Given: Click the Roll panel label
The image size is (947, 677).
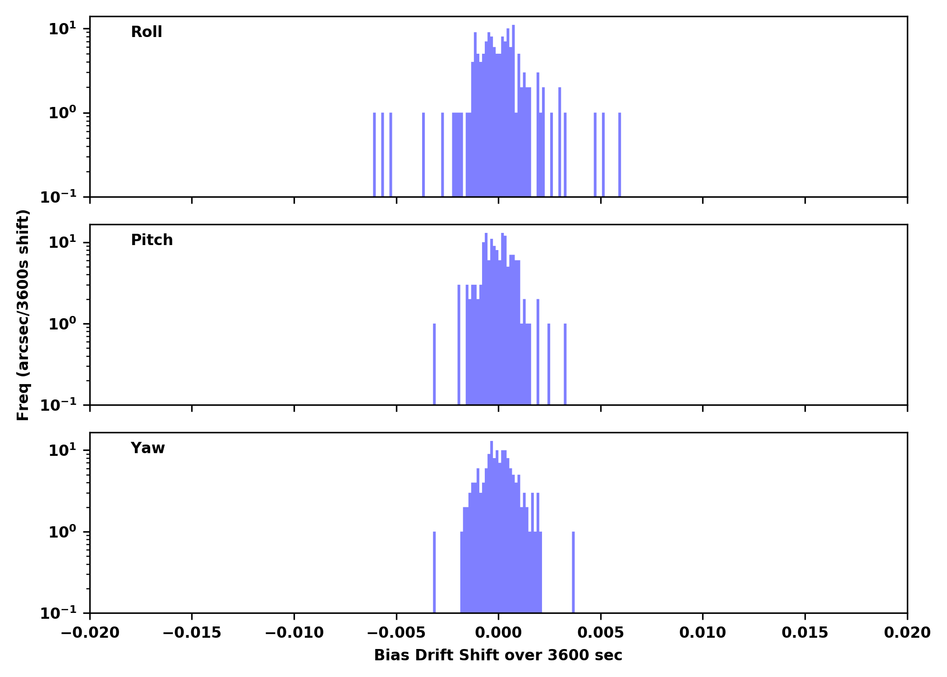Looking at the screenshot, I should (x=146, y=32).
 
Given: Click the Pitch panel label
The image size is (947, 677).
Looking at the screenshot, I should (x=152, y=240).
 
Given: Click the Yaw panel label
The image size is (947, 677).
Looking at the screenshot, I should (x=147, y=448).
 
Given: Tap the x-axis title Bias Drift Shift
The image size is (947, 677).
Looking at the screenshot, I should (x=498, y=655).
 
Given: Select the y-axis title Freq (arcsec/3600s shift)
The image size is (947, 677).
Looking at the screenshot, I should (x=23, y=315).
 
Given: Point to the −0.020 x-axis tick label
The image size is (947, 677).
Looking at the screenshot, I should (x=90, y=633).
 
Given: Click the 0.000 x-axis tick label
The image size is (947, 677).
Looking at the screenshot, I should (x=498, y=633).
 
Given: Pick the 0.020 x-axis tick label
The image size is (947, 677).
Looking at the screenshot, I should (x=907, y=633).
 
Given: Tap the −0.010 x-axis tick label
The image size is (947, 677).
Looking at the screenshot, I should (x=294, y=633).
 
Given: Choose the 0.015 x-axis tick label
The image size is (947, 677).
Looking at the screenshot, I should (x=805, y=633).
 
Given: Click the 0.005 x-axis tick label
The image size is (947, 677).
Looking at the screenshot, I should (x=601, y=633).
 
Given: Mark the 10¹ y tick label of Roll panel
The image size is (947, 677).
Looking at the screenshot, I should (x=62, y=29).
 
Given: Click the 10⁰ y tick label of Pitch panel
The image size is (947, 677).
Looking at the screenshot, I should (x=62, y=324).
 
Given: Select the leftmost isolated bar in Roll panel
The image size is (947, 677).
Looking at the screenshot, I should (x=374, y=154).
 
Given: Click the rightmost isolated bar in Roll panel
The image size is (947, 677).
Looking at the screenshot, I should (x=620, y=154).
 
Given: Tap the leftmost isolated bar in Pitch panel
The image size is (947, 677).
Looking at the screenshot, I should (x=434, y=364).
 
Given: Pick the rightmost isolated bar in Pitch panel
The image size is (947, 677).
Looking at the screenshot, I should (x=565, y=364).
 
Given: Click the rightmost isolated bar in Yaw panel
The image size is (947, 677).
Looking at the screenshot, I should (x=573, y=572).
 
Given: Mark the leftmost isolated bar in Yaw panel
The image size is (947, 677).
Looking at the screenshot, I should (x=434, y=572).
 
